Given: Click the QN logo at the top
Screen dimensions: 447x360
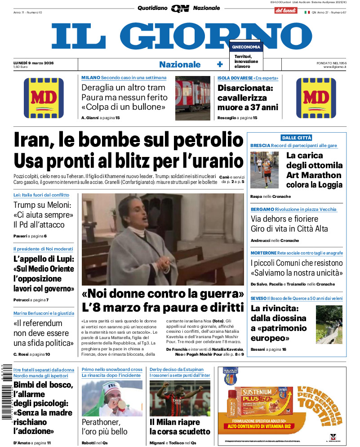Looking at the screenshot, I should [180, 8].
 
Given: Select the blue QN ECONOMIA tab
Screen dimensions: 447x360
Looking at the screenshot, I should [245, 47].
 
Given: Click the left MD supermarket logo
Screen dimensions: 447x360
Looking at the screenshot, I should [44, 98].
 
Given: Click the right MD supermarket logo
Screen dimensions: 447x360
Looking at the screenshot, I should [316, 98].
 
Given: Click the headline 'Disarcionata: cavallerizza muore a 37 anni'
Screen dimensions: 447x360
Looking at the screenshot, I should [248, 98].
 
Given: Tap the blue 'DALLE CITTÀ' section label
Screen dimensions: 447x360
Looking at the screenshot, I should [296, 138].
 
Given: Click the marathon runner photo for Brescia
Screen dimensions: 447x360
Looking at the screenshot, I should [265, 170].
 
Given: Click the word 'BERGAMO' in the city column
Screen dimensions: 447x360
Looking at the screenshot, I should [260, 210].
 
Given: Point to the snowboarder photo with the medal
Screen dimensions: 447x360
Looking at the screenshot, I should [112, 398].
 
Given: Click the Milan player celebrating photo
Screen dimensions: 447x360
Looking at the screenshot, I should [180, 398].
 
